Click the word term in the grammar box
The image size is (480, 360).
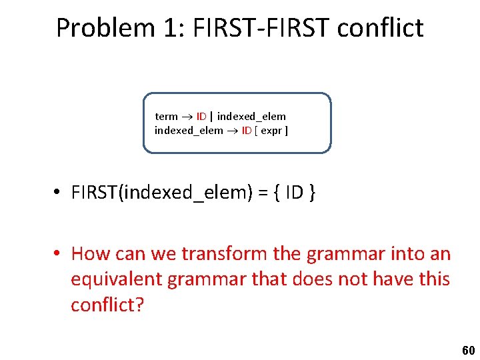coord(166,117)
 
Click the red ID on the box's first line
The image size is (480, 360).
coord(201,117)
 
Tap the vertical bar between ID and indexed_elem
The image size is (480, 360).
coord(211,117)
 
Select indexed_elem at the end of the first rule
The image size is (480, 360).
coord(251,117)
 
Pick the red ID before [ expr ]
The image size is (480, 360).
coord(246,131)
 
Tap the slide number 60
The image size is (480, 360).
coord(468,351)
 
